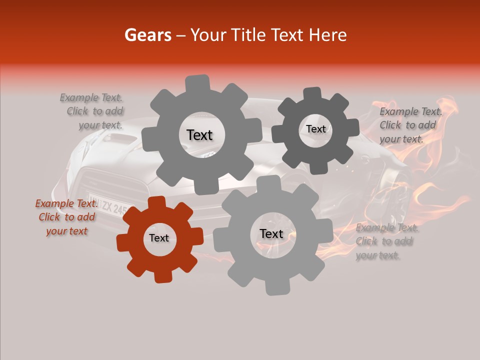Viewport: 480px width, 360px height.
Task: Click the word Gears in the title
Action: click(x=147, y=35)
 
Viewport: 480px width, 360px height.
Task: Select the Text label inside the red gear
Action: click(x=159, y=238)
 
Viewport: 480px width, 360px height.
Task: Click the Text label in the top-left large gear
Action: click(x=199, y=135)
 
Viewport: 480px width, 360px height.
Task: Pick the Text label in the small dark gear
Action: click(x=315, y=129)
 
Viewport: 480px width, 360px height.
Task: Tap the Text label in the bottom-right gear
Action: click(x=271, y=233)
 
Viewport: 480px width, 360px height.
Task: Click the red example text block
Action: click(x=66, y=217)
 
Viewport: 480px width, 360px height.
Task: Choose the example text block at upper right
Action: click(x=410, y=125)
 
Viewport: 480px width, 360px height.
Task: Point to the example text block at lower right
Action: click(x=386, y=241)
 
